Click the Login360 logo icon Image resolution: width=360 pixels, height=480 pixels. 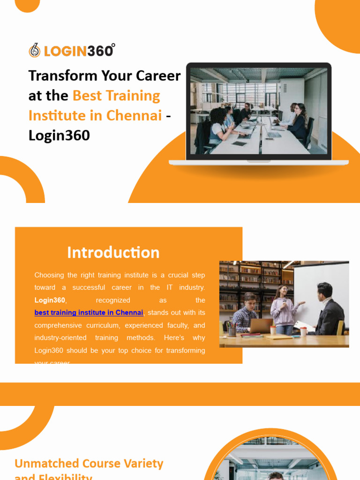[34, 50]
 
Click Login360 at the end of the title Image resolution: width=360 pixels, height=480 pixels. [59, 135]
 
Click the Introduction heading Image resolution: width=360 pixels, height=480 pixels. [113, 252]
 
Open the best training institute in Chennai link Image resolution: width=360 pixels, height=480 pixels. [89, 313]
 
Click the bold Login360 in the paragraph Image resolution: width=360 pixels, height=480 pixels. [50, 300]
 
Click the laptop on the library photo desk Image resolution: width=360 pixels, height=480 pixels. [260, 326]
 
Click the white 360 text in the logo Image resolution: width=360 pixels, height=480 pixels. [100, 51]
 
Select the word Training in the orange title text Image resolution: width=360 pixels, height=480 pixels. [133, 96]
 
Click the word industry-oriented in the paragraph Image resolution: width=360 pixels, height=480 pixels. [60, 338]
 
